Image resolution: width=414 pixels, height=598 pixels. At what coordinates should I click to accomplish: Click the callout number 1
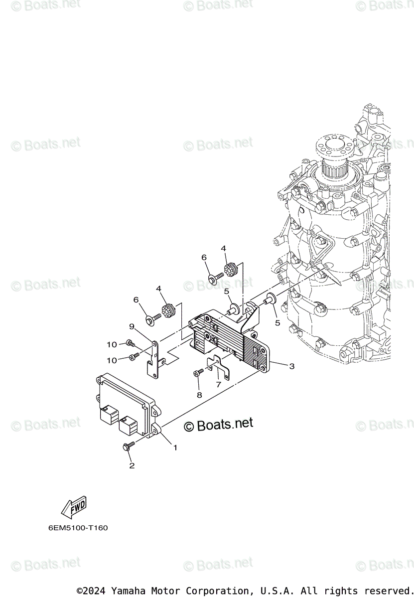click(175, 448)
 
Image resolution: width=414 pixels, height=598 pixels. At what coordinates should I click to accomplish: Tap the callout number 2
click(132, 465)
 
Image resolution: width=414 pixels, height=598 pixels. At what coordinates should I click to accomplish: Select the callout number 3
click(292, 366)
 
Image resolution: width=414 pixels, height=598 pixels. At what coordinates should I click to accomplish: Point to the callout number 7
click(218, 385)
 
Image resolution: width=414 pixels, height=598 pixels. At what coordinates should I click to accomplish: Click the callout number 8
click(199, 395)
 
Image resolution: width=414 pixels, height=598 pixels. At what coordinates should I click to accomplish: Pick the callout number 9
click(132, 327)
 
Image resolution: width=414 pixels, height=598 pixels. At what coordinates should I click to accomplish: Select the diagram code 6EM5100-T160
click(79, 528)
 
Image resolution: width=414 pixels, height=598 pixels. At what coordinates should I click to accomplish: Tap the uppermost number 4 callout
click(223, 248)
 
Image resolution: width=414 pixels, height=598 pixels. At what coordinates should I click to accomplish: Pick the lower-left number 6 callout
click(135, 300)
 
